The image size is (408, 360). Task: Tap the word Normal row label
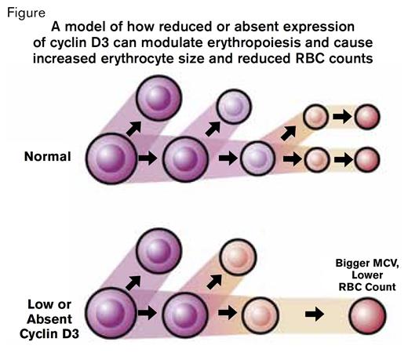pyautogui.click(x=48, y=157)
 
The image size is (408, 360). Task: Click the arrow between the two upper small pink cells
pyautogui.click(x=341, y=118)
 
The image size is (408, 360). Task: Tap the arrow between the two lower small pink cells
pyautogui.click(x=341, y=159)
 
